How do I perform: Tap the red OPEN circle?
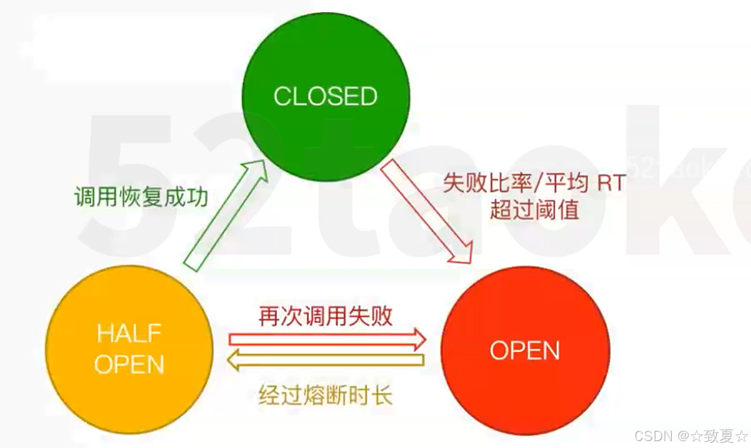(525, 350)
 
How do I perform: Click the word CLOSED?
(326, 96)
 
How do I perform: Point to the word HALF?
(129, 333)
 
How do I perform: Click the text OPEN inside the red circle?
(525, 351)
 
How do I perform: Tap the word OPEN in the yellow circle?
(129, 364)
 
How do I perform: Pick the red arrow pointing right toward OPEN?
(327, 339)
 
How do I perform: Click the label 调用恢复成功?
(141, 198)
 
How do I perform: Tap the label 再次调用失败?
(326, 316)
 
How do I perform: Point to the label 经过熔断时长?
(326, 395)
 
